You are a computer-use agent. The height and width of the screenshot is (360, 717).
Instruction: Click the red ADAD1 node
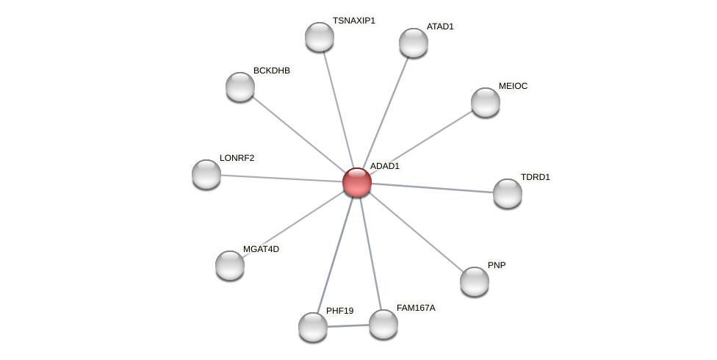pyautogui.click(x=357, y=182)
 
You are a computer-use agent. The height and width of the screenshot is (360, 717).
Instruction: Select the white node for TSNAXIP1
pyautogui.click(x=320, y=37)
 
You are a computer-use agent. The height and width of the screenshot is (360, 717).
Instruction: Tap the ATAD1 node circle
pyautogui.click(x=414, y=43)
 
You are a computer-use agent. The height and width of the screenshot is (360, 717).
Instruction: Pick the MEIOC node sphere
pyautogui.click(x=486, y=102)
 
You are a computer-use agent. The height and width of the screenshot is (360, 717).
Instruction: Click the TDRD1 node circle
pyautogui.click(x=508, y=193)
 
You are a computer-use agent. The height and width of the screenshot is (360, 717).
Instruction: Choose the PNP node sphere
pyautogui.click(x=475, y=281)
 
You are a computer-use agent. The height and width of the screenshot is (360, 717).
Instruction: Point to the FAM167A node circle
pyautogui.click(x=383, y=324)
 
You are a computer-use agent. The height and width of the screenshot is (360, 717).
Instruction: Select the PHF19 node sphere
pyautogui.click(x=313, y=327)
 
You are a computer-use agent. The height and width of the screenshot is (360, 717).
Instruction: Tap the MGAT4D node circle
pyautogui.click(x=230, y=265)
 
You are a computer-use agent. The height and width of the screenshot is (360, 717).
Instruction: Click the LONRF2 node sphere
pyautogui.click(x=206, y=174)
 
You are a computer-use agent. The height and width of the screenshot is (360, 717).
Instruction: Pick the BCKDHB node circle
pyautogui.click(x=240, y=87)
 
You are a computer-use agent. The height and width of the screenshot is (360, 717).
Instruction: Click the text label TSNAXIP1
pyautogui.click(x=353, y=21)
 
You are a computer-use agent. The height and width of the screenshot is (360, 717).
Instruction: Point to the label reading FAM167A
pyautogui.click(x=416, y=308)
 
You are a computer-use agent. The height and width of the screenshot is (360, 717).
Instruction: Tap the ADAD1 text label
pyautogui.click(x=384, y=166)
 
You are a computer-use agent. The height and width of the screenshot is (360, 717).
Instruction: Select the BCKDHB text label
pyautogui.click(x=271, y=71)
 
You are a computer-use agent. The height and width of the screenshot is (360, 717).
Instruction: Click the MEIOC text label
pyautogui.click(x=513, y=86)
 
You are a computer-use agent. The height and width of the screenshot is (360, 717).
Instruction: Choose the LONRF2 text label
pyautogui.click(x=237, y=158)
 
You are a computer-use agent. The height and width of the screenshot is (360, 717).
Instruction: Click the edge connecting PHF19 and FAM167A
pyautogui.click(x=348, y=325)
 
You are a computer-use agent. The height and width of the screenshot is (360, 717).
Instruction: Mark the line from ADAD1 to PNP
pyautogui.click(x=416, y=231)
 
